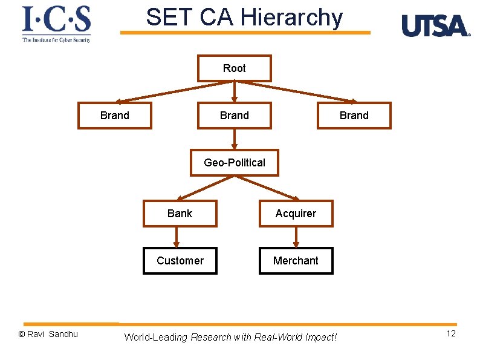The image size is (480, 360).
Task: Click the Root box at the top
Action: (235, 68)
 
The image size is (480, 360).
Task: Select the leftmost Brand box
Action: (115, 116)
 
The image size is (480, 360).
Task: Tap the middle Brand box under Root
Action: (235, 116)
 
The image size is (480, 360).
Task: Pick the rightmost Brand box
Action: (354, 116)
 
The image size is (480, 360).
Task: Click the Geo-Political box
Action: (235, 163)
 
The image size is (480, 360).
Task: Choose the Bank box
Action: (180, 214)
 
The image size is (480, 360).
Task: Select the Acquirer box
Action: (296, 214)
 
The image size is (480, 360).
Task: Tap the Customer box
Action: (180, 261)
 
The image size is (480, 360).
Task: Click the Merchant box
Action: (296, 261)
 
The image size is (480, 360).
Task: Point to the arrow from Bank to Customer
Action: (176, 237)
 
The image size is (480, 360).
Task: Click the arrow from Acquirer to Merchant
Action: (296, 237)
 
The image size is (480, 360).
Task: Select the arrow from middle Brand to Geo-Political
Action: (235, 139)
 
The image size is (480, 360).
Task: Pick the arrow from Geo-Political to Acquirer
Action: (268, 188)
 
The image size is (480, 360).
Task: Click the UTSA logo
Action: (435, 26)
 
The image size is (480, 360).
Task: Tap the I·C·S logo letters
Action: (56, 19)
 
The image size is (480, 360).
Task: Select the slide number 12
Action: (451, 334)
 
